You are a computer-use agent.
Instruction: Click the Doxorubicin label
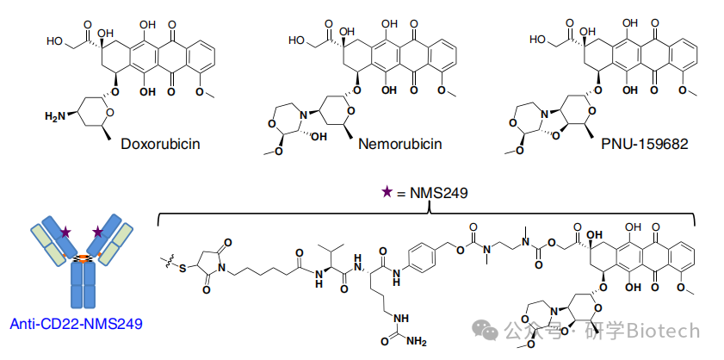(x=161, y=143)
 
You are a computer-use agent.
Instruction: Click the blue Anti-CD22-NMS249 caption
(x=77, y=324)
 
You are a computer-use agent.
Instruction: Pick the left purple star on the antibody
(x=65, y=232)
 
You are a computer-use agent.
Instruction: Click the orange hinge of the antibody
(x=82, y=257)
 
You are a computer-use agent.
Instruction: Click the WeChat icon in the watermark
(x=487, y=332)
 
